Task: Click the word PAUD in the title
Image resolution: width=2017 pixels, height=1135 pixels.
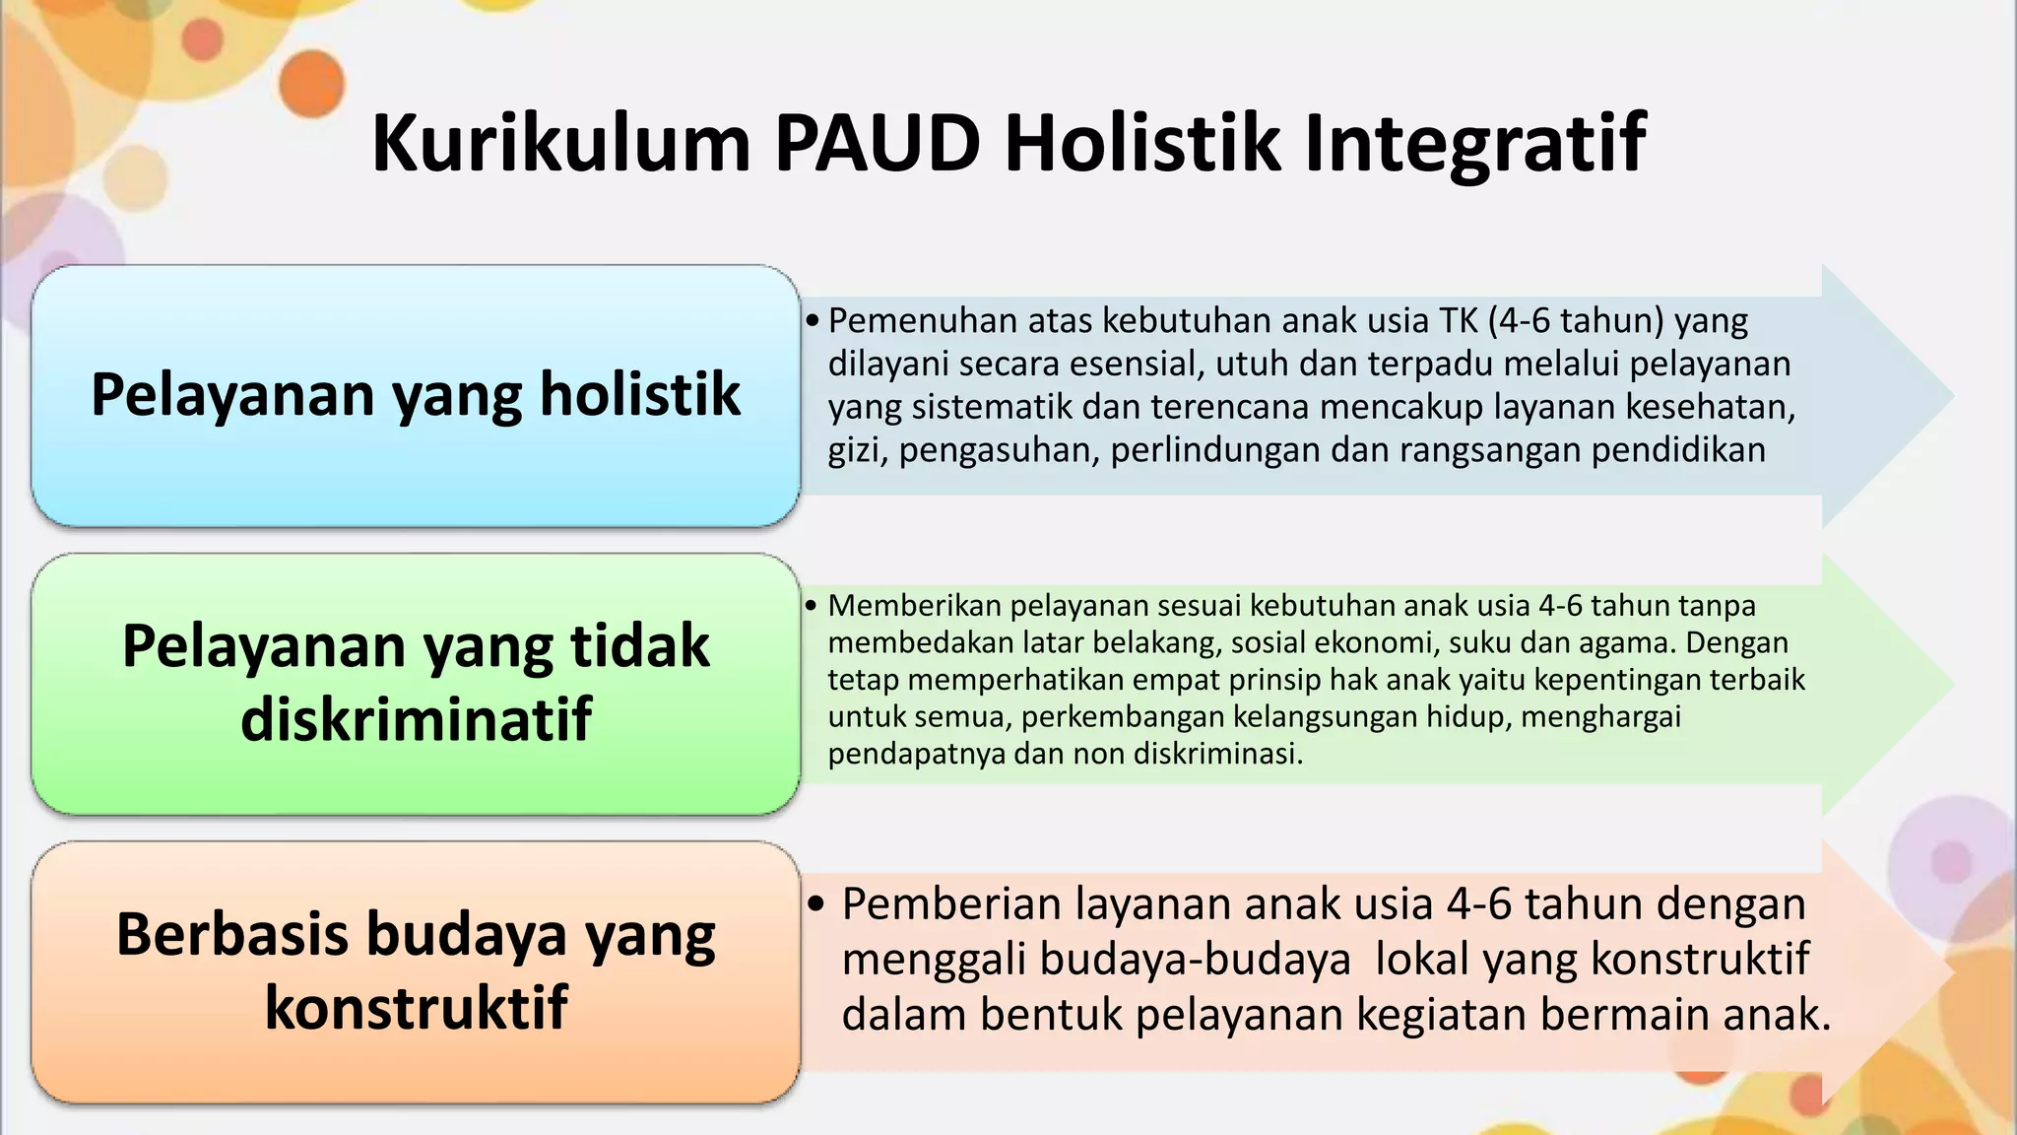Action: pyautogui.click(x=878, y=144)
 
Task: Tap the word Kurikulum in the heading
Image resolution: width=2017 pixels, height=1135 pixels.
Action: pyautogui.click(x=561, y=144)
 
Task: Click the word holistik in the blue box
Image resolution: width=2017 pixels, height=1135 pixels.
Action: pyautogui.click(x=639, y=394)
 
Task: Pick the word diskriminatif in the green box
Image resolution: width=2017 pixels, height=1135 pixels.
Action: pyautogui.click(x=416, y=718)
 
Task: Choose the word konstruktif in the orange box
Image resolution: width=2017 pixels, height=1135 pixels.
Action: pyautogui.click(x=416, y=1007)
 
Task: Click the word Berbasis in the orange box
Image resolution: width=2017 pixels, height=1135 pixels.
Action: pyautogui.click(x=230, y=934)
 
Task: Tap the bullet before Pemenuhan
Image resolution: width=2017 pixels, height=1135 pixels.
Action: pyautogui.click(x=812, y=321)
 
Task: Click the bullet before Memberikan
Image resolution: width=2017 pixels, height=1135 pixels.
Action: pyautogui.click(x=811, y=605)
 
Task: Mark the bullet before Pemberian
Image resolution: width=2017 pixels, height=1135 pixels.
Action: pyautogui.click(x=815, y=903)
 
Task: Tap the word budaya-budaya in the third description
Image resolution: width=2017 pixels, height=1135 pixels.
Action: pyautogui.click(x=1096, y=959)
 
